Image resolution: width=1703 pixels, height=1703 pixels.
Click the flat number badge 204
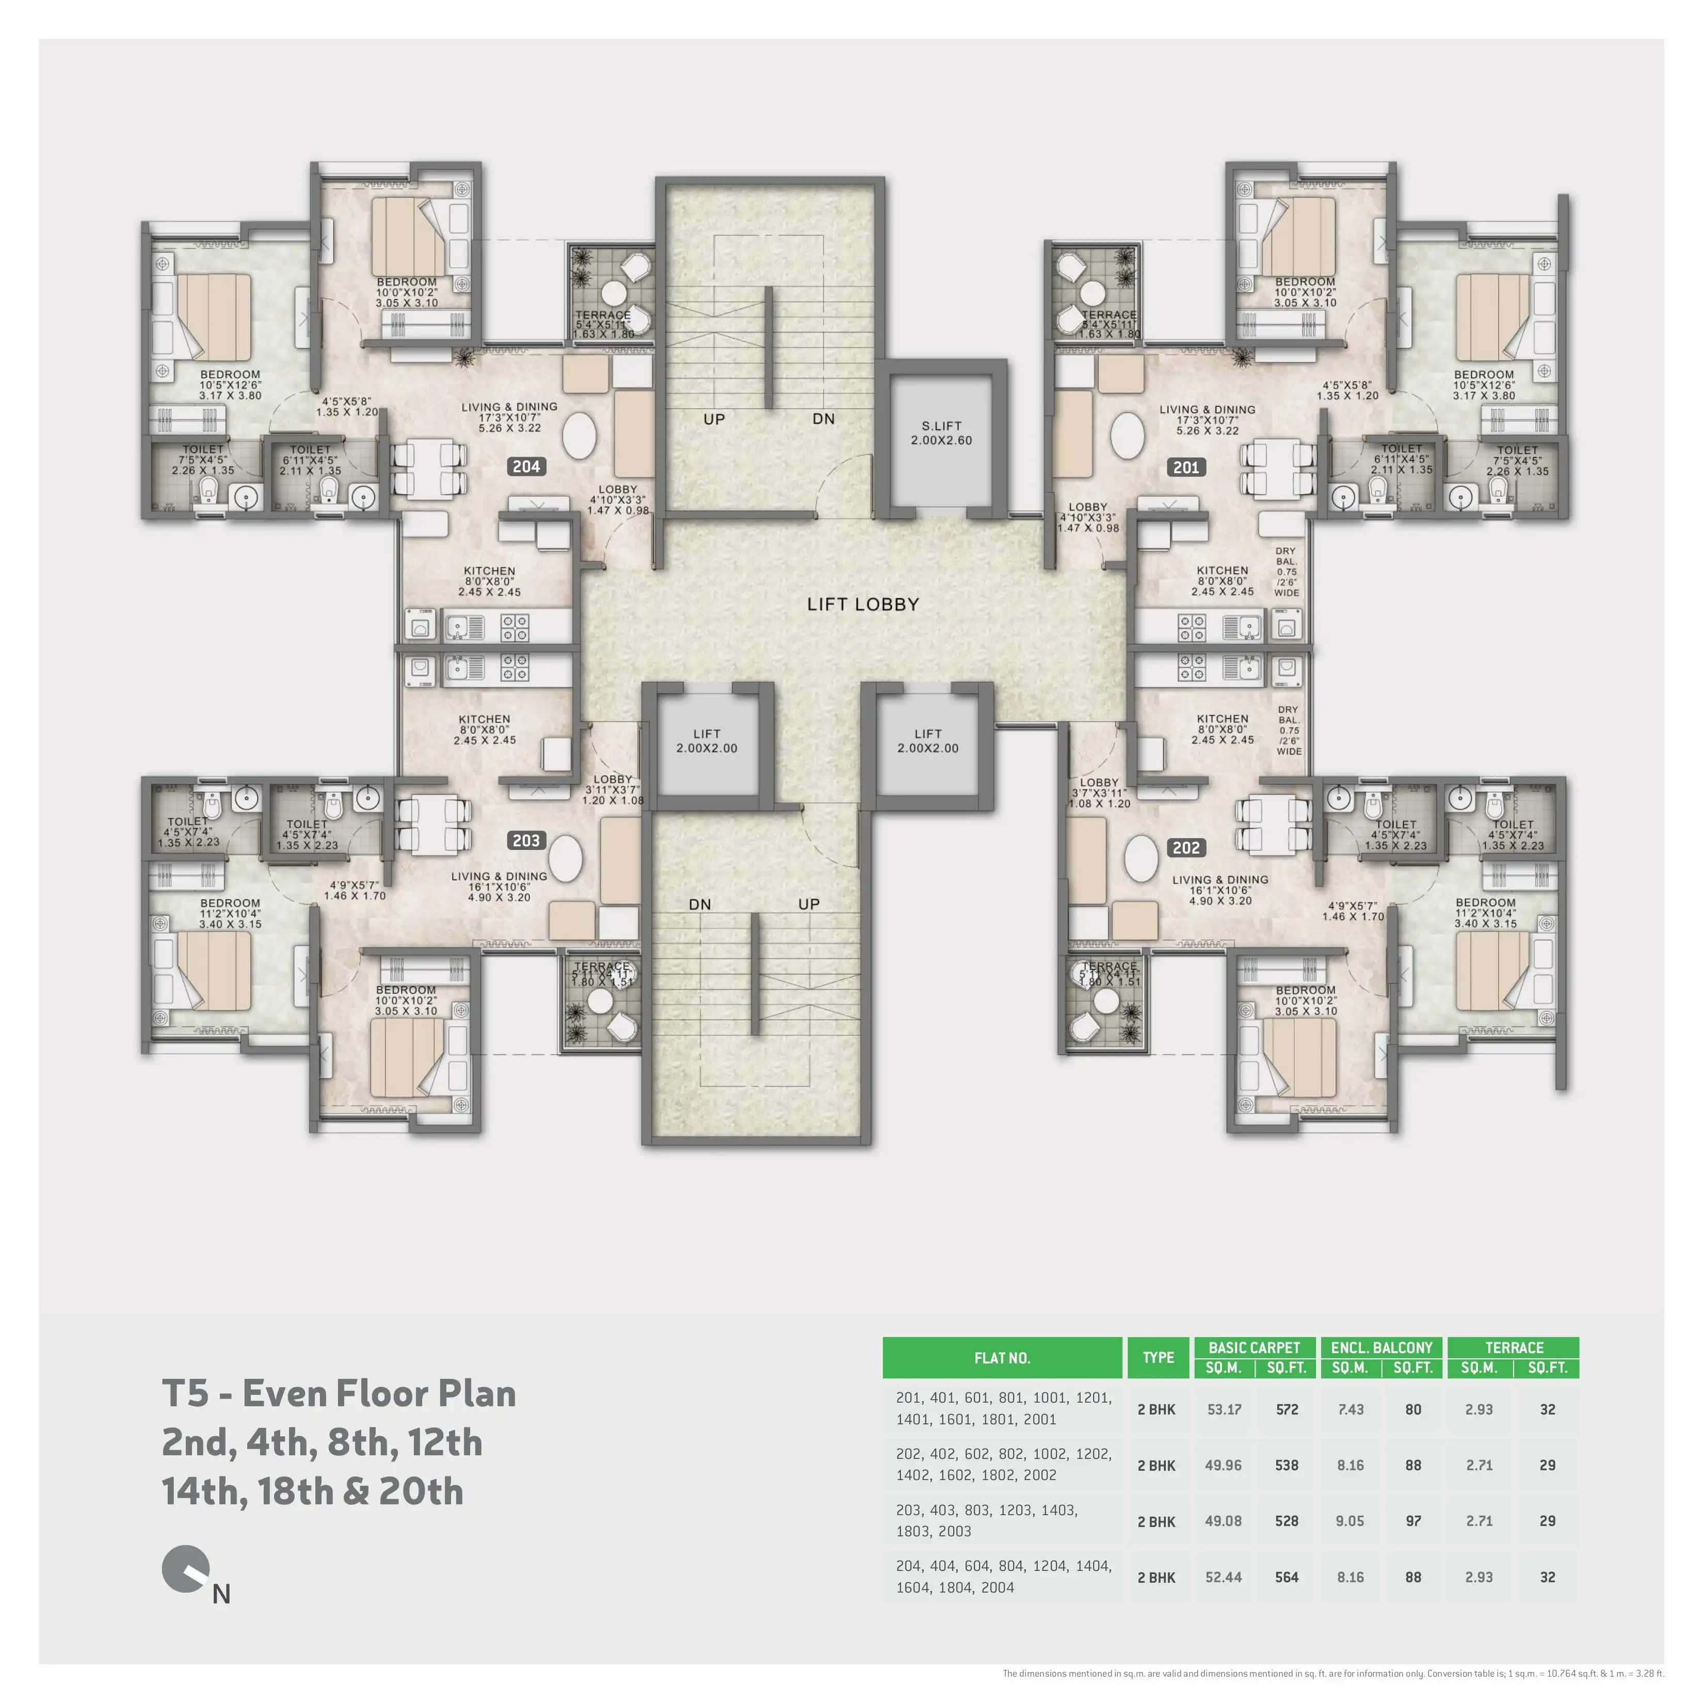(526, 467)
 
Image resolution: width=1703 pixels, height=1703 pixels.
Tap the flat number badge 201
(1185, 467)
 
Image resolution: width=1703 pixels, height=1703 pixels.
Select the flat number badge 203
(526, 840)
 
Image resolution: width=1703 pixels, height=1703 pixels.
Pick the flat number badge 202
(1185, 847)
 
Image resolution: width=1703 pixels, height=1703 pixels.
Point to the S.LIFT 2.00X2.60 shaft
(941, 433)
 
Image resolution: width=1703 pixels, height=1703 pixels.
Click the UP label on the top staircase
(714, 420)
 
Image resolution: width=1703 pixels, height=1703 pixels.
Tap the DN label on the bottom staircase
(700, 904)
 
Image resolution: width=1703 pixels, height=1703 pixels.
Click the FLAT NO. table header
(1002, 1357)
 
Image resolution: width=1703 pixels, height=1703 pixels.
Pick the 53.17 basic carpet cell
(1224, 1409)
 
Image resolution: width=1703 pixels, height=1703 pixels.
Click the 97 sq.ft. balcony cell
(1413, 1520)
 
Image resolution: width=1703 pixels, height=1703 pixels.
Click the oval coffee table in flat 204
(579, 436)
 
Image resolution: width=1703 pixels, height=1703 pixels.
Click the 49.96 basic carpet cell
(1224, 1465)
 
